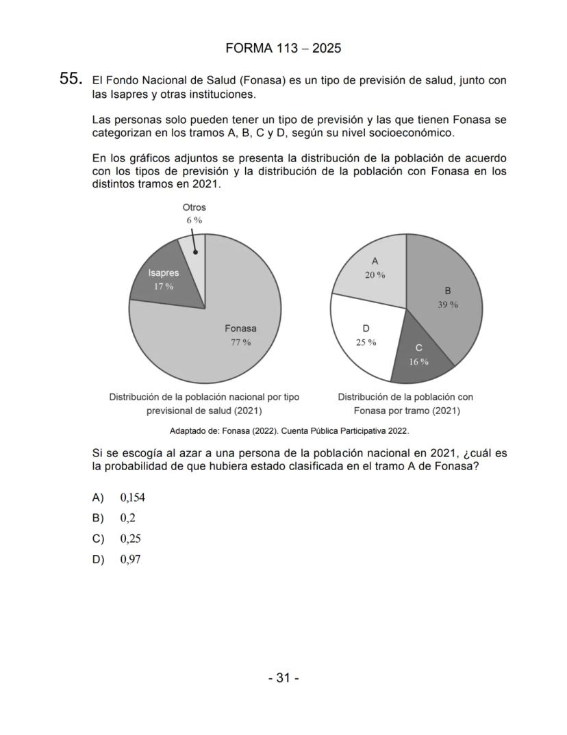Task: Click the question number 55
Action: (x=71, y=79)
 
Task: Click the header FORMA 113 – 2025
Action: (x=283, y=48)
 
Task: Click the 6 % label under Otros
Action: (x=194, y=220)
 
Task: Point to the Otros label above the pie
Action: (x=194, y=207)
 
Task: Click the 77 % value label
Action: (x=240, y=342)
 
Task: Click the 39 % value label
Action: (x=448, y=305)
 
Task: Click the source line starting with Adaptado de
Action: (x=289, y=431)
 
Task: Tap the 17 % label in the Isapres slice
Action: (x=163, y=286)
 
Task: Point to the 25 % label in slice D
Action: (x=366, y=342)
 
